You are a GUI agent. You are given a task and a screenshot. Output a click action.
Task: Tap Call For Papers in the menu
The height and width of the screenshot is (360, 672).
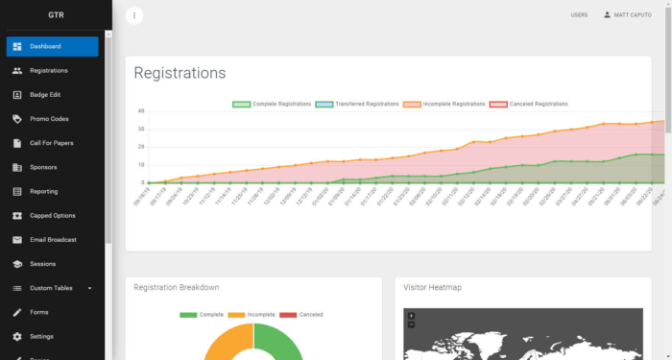(x=51, y=143)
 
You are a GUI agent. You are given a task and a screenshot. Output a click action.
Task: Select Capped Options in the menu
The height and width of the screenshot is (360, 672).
(x=53, y=215)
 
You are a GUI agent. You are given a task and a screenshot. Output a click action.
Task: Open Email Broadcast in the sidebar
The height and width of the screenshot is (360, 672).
(x=53, y=239)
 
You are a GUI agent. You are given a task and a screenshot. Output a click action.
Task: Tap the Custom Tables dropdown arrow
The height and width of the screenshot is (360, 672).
(x=89, y=288)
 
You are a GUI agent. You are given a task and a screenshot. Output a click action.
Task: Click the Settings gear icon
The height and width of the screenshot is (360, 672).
(x=18, y=336)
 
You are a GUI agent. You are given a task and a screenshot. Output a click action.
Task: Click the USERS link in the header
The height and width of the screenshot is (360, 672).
(x=579, y=15)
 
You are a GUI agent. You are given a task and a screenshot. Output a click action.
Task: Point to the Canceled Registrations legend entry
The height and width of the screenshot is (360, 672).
(x=529, y=104)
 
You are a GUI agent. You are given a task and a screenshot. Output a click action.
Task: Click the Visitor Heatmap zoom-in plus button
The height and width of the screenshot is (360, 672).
(x=411, y=315)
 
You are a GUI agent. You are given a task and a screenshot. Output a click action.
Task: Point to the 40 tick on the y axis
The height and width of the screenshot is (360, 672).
(x=141, y=110)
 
